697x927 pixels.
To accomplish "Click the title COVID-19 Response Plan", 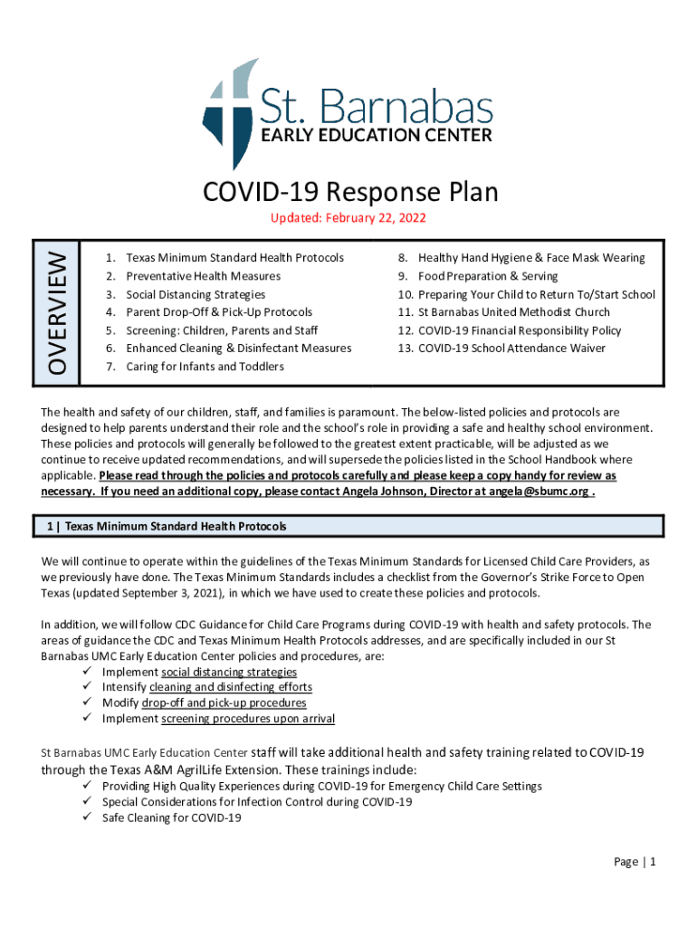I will coord(350,192).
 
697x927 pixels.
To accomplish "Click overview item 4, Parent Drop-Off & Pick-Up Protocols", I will coord(219,312).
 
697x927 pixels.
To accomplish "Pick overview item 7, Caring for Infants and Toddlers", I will coord(205,367).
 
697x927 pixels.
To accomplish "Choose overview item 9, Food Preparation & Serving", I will coord(488,276).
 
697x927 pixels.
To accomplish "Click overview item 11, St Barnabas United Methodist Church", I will coord(514,312).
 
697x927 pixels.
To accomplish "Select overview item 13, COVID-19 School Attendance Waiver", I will coord(511,349).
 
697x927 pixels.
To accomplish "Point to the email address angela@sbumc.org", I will coord(544,492).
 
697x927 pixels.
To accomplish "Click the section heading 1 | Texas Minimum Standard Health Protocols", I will coord(167,526).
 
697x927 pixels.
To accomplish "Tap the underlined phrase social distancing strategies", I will coord(229,672).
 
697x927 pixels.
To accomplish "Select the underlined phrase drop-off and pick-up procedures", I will coord(224,702).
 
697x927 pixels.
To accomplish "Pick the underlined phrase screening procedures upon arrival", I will coord(248,719).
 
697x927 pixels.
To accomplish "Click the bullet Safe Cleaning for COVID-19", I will coord(172,817).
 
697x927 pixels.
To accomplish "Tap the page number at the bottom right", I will coord(634,862).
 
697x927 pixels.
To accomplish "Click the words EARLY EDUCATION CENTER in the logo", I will coord(377,136).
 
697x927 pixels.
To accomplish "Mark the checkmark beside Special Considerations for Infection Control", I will coord(88,802).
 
